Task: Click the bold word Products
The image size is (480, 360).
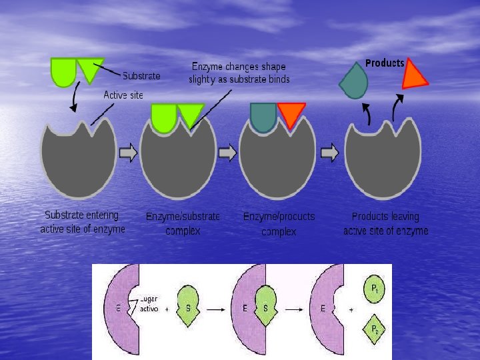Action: coord(385,63)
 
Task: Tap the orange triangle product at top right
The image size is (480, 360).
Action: coord(413,75)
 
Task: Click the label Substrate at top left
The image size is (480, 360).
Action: coord(141,76)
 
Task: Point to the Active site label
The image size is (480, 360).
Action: coord(123,95)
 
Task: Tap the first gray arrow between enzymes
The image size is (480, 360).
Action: coord(129,153)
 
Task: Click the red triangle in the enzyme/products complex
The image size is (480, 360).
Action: coord(291,114)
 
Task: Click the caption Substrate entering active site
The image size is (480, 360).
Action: coord(82,222)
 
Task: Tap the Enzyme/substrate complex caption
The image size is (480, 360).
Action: coord(183,223)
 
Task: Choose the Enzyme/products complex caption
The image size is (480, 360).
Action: coord(279,224)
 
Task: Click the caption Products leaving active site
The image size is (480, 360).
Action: coord(385,223)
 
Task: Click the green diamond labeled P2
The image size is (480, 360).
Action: coord(375,329)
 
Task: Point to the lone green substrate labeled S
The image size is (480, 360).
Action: coord(189,309)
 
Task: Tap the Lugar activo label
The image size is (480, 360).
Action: coord(149,304)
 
